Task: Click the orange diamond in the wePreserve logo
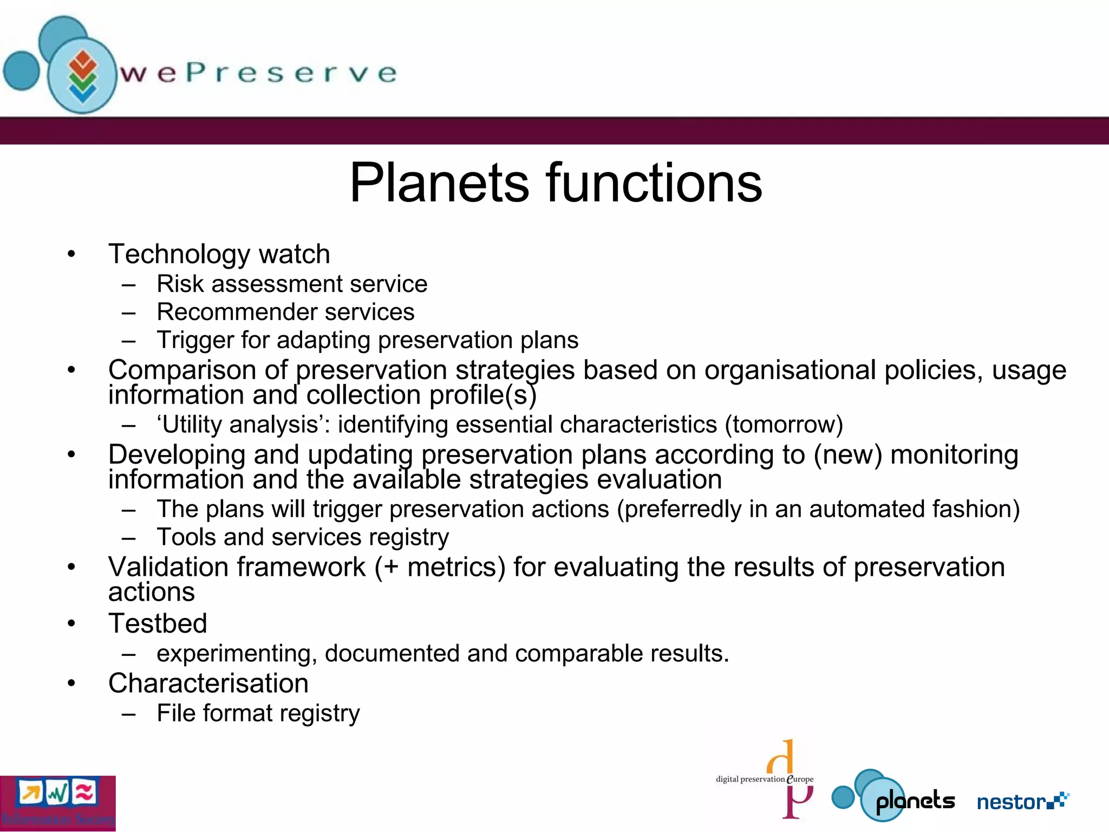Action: [x=83, y=61]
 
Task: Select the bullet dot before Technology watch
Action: [x=71, y=253]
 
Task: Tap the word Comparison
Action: [x=182, y=370]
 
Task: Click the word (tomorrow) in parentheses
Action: [x=784, y=425]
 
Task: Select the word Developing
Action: [x=177, y=455]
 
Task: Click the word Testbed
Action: [x=158, y=623]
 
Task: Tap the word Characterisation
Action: [x=208, y=684]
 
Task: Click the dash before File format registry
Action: [x=128, y=714]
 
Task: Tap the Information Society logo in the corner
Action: [x=57, y=803]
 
